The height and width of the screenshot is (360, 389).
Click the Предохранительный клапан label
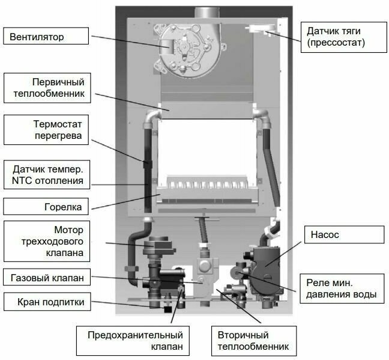135,341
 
